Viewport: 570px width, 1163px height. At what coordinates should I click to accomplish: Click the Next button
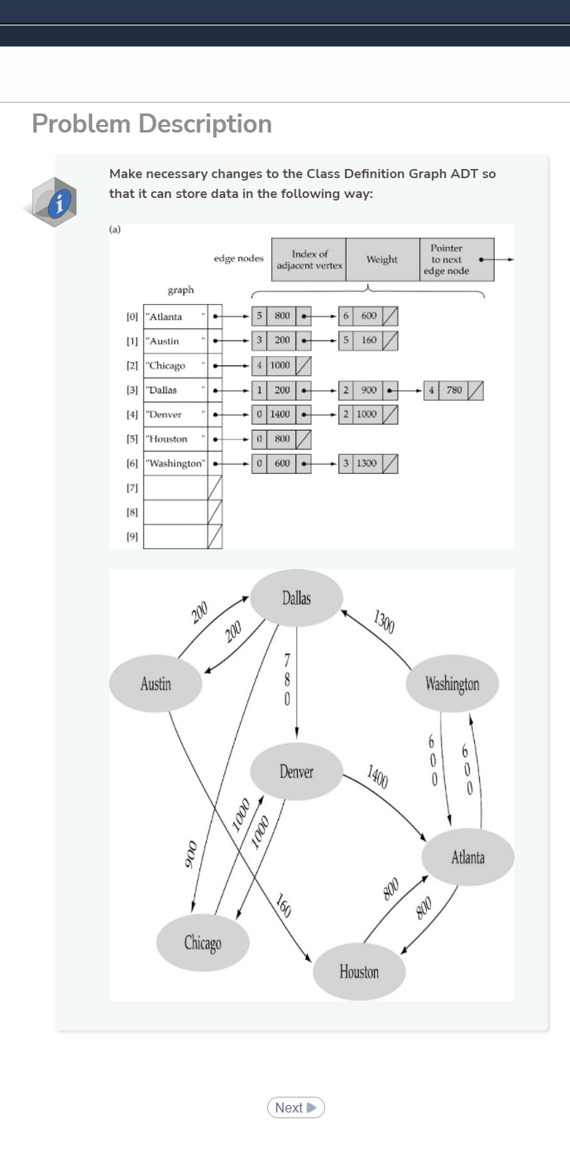click(x=295, y=1108)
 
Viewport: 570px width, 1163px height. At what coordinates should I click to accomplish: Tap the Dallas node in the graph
click(x=296, y=598)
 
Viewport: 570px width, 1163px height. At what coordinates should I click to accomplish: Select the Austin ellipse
click(x=156, y=683)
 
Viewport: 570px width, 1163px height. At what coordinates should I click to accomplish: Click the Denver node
click(x=296, y=772)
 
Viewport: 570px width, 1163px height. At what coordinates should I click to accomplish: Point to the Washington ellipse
click(x=453, y=683)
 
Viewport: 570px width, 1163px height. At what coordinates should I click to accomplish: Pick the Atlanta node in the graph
click(x=467, y=857)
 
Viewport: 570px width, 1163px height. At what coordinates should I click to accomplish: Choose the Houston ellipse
click(x=359, y=972)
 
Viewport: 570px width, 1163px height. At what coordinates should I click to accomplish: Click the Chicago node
click(x=203, y=943)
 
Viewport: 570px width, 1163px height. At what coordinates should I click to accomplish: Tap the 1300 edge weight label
click(x=385, y=621)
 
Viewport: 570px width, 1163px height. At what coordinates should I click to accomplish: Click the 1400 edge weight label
click(x=378, y=777)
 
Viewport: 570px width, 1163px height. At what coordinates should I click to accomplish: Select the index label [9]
click(x=132, y=537)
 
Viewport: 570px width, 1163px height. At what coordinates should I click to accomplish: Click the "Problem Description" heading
click(x=151, y=124)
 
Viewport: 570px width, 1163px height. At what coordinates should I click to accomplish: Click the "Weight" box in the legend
click(x=382, y=259)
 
